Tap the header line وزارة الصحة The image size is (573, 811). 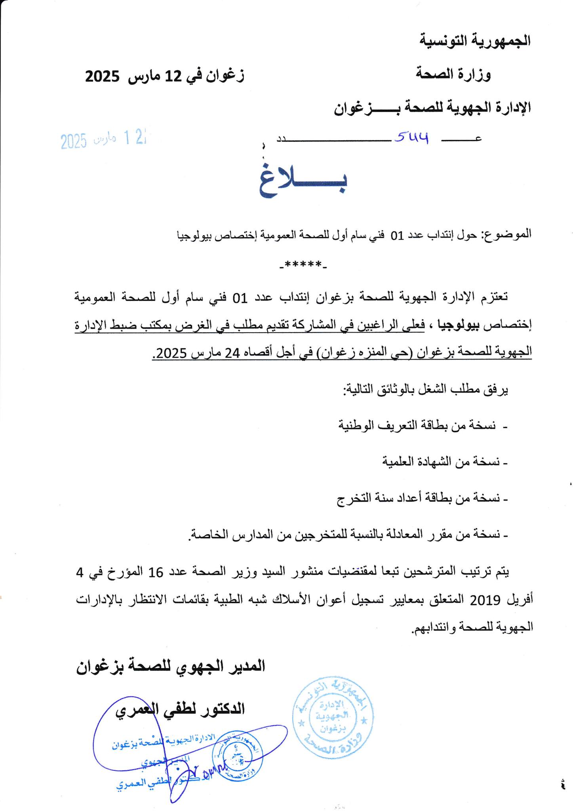(453, 74)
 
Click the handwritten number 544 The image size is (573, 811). (412, 137)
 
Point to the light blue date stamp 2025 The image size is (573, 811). (74, 141)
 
